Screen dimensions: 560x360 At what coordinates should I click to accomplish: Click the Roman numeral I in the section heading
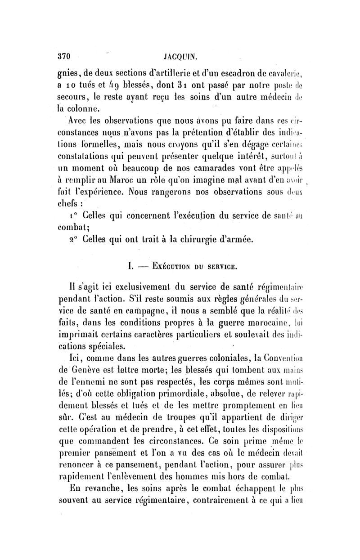tap(129, 266)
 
